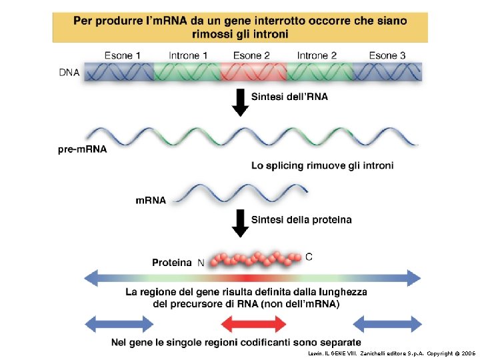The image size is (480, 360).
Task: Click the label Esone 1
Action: pos(123,55)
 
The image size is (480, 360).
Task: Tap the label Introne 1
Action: pos(188,55)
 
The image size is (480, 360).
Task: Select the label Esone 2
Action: pos(251,55)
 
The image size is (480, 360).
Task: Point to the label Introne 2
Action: pos(317,55)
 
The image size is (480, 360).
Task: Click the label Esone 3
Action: pos(387,55)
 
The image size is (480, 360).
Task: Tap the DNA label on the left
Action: pos(69,73)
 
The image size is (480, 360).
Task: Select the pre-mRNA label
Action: pos(82,149)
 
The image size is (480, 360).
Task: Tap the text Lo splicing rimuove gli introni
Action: pos(322,165)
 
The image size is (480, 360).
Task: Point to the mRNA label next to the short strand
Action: pos(151,199)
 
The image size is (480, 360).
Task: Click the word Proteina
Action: pos(172,263)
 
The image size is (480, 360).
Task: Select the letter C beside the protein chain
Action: pos(308,256)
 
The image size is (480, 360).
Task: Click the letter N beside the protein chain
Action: pos(201,263)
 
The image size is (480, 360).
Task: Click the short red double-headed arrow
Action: pos(253,324)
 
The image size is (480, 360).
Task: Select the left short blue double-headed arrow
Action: pos(119,324)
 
